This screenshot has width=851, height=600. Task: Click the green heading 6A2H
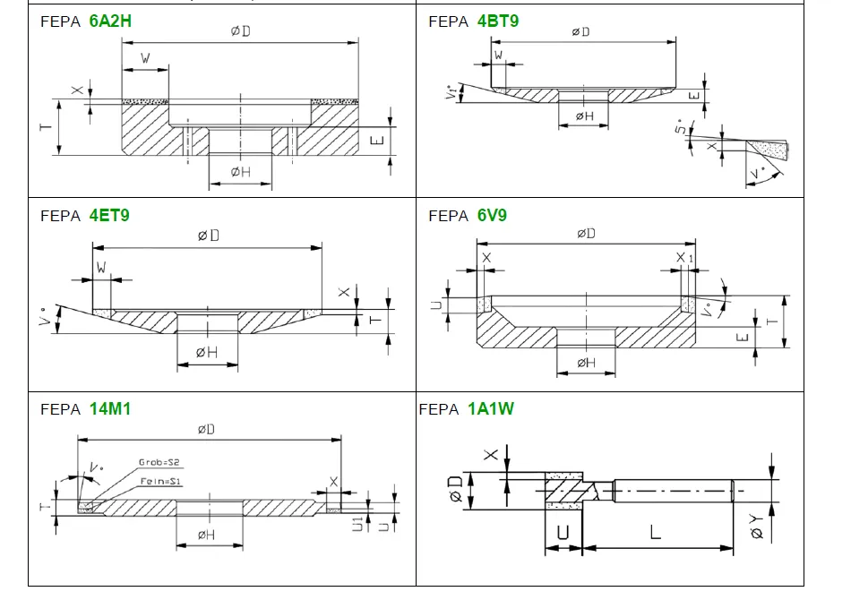[x=110, y=21]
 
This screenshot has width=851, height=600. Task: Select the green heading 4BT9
[x=498, y=21]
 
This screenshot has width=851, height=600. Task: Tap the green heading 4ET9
[x=110, y=216]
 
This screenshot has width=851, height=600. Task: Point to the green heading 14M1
[x=110, y=409]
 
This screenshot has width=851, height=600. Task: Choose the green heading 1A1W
[x=491, y=409]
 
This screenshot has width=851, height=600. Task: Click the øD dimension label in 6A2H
[x=240, y=31]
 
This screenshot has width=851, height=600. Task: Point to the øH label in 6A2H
[x=240, y=172]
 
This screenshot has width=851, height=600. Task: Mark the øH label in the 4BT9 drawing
[x=584, y=116]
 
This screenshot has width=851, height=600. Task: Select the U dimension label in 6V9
[x=436, y=304]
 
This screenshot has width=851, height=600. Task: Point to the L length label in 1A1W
[x=655, y=532]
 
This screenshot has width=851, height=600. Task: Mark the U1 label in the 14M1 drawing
[x=357, y=521]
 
